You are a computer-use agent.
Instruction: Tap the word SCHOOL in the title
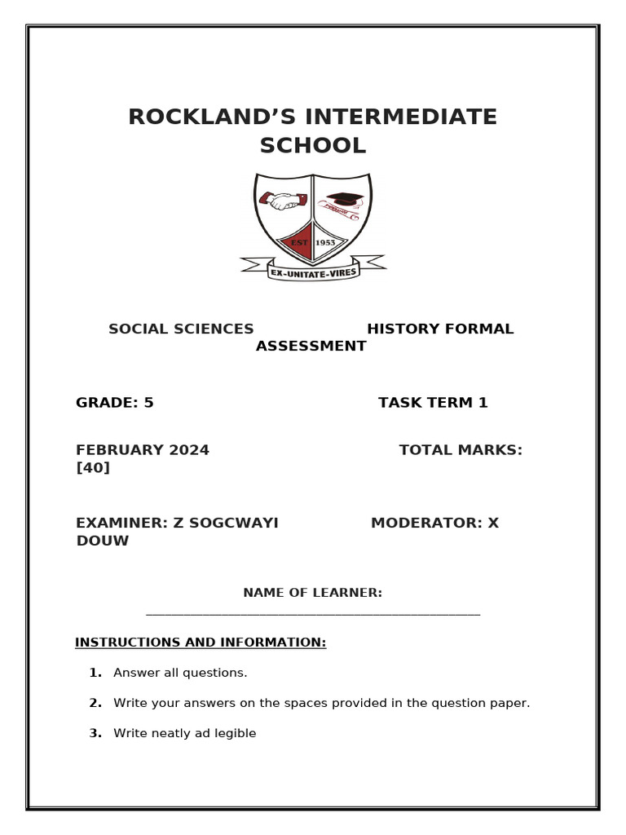point(313,146)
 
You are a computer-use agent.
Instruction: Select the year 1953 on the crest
point(325,242)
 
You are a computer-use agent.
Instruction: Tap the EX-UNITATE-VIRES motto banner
point(313,272)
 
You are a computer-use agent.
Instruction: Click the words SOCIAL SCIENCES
point(181,329)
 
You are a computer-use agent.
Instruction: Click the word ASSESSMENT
point(311,347)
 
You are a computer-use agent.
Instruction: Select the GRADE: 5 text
point(115,403)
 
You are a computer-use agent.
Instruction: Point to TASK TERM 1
point(433,403)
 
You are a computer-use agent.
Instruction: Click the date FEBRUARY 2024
point(143,450)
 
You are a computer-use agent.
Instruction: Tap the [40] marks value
point(93,467)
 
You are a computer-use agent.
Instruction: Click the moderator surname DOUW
point(103,541)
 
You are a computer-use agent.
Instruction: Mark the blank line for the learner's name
point(313,614)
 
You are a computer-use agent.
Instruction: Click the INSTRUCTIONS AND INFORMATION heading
point(201,643)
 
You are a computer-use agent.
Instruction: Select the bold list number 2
point(95,703)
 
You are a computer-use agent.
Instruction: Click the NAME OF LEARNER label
point(312,593)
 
